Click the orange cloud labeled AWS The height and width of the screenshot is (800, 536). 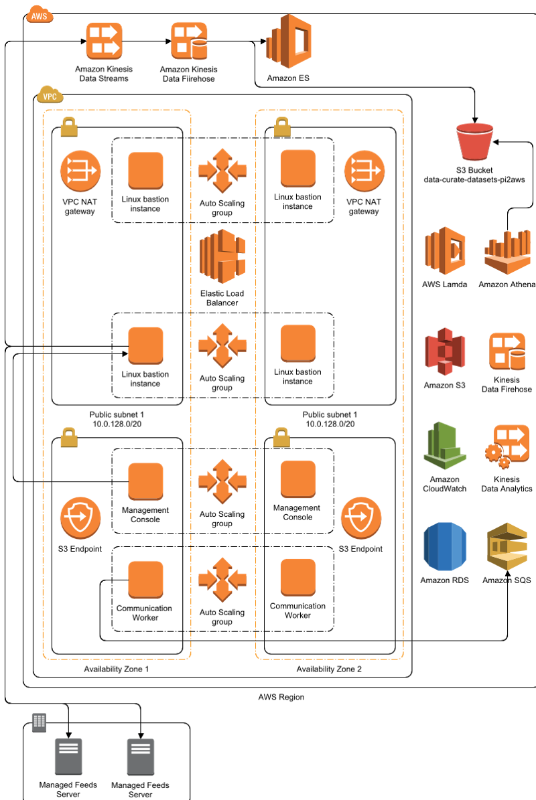click(39, 14)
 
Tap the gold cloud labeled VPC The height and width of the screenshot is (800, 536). click(50, 95)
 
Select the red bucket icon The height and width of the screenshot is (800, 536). click(474, 141)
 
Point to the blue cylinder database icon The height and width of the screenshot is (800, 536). click(445, 546)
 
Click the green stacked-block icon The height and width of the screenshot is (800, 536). click(445, 445)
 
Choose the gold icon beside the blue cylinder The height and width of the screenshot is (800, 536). click(507, 546)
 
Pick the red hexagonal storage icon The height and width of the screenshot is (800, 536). click(445, 351)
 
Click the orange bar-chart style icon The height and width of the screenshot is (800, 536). click(507, 252)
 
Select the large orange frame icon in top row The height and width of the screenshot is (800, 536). click(289, 41)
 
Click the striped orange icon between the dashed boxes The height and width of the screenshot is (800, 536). click(222, 256)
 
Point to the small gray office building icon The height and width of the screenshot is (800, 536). click(39, 722)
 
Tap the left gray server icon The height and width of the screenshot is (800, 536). click(68, 756)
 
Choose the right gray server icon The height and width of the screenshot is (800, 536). click(141, 756)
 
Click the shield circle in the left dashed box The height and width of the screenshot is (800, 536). click(80, 517)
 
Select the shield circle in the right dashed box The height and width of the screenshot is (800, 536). click(361, 517)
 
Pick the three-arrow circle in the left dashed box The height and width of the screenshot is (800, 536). click(80, 171)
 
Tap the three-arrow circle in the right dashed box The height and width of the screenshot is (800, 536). click(364, 171)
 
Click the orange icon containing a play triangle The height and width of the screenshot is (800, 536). click(445, 251)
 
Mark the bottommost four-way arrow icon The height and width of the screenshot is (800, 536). click(222, 579)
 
